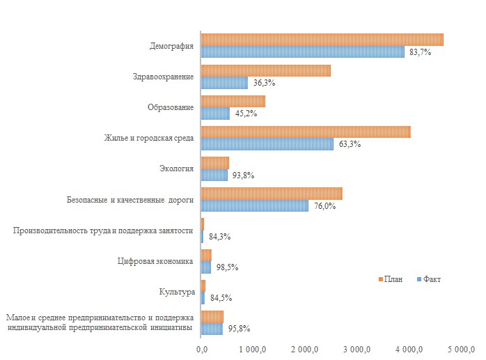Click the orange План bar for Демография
[322, 40]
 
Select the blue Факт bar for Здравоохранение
[224, 82]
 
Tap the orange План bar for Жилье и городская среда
[306, 132]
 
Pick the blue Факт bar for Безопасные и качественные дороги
[255, 205]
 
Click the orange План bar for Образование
[233, 102]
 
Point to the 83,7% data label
[420, 52]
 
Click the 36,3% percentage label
[264, 83]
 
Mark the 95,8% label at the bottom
[239, 329]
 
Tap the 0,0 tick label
[202, 348]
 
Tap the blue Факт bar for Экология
[214, 175]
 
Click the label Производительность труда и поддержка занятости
[103, 230]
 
